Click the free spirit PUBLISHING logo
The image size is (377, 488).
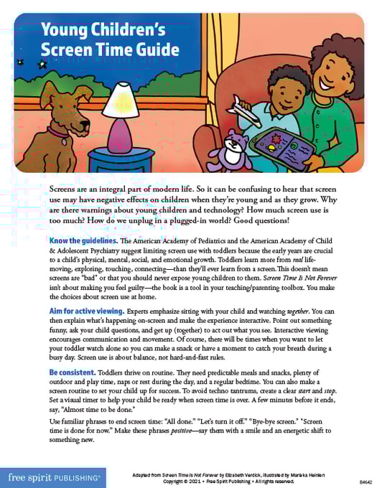click(55, 475)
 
